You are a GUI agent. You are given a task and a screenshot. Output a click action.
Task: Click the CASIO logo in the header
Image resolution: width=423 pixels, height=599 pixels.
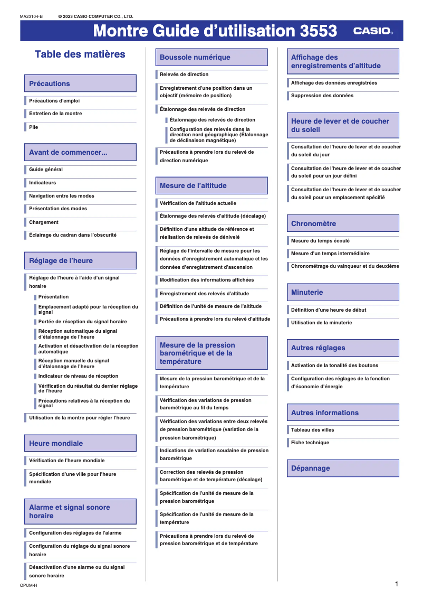click(x=372, y=31)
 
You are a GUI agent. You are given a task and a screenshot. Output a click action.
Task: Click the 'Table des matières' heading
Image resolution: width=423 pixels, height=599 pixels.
click(x=80, y=54)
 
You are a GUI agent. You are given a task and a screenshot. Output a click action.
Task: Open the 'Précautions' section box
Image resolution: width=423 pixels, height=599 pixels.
click(x=80, y=83)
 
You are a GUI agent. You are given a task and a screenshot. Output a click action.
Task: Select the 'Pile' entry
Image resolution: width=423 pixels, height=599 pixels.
click(x=34, y=127)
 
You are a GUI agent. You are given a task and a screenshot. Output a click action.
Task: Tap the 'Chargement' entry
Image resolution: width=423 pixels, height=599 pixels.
click(x=44, y=222)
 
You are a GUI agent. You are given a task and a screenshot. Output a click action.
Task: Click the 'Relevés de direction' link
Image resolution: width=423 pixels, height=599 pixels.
click(x=184, y=74)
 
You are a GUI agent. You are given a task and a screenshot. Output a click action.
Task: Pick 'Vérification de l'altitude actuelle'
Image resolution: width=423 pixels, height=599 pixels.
click(x=198, y=203)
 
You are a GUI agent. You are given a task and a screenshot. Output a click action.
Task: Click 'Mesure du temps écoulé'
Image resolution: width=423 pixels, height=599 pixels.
click(x=320, y=241)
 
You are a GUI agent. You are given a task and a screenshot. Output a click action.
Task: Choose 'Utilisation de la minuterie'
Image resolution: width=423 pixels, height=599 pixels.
click(x=321, y=323)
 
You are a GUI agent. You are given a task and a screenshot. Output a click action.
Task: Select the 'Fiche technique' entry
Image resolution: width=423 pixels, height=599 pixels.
click(x=310, y=443)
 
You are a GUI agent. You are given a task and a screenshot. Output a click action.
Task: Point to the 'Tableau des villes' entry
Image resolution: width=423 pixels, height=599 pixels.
click(x=312, y=430)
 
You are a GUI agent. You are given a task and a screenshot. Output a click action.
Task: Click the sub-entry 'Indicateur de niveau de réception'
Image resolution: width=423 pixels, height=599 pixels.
click(x=78, y=376)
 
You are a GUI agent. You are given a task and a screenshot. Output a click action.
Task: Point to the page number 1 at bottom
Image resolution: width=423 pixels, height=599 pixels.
click(x=396, y=584)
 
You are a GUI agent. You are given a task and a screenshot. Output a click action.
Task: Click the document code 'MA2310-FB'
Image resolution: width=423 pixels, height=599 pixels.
click(x=31, y=17)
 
